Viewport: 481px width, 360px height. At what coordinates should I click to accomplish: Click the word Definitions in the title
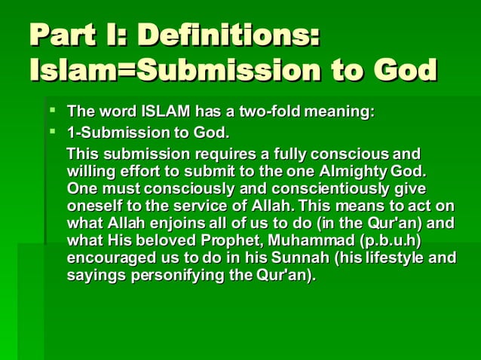point(231,37)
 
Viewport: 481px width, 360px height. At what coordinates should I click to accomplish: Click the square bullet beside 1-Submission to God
point(53,133)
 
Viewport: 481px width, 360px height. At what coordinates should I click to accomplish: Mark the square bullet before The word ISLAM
point(53,112)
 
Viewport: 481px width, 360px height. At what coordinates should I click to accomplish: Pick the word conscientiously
point(290,188)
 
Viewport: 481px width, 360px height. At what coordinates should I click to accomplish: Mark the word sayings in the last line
point(94,275)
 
